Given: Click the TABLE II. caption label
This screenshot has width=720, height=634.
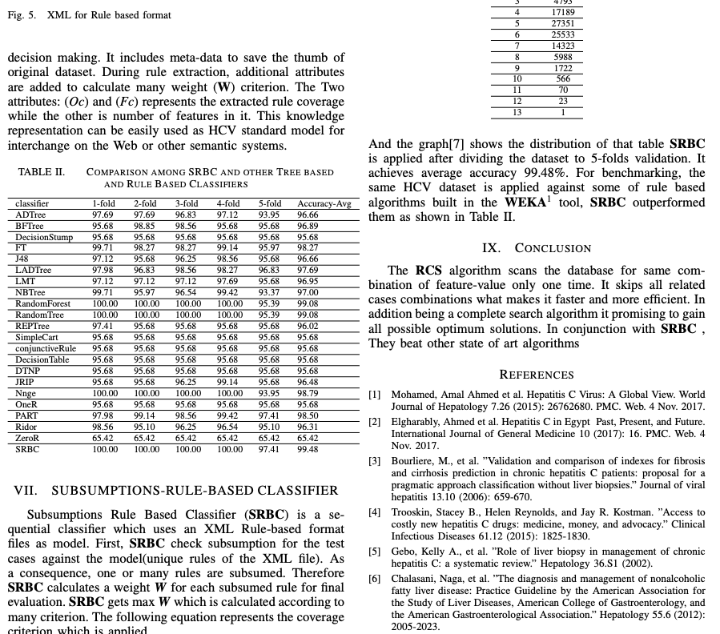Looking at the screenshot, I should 42,172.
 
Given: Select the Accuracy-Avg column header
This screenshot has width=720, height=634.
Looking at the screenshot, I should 324,204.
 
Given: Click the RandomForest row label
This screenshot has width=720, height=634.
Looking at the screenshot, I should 42,304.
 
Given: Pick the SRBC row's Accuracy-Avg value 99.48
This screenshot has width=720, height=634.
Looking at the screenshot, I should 308,450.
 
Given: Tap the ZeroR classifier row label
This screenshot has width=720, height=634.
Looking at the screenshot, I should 27,439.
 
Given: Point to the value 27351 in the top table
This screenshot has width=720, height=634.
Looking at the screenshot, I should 562,24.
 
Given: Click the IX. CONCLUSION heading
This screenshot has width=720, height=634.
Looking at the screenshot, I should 537,248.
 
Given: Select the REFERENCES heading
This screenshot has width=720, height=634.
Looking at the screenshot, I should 537,375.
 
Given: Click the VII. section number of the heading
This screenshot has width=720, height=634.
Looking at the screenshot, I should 28,490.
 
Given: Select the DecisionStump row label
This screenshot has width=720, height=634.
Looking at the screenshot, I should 44,237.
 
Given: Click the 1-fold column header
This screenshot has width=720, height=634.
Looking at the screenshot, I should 103,204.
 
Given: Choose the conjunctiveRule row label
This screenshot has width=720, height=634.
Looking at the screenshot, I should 46,349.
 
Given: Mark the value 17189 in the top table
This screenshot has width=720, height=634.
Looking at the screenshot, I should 562,13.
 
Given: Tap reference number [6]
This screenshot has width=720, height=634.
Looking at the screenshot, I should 375,579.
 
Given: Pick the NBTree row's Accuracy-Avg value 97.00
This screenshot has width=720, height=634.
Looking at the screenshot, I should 308,293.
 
